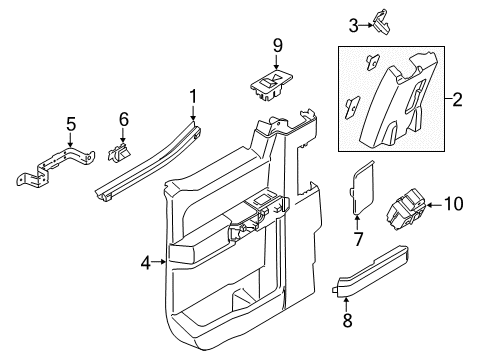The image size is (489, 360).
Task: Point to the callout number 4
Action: click(144, 264)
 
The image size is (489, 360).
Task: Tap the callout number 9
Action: click(279, 45)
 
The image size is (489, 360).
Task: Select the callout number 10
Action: click(455, 204)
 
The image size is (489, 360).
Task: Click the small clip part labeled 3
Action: click(381, 16)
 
